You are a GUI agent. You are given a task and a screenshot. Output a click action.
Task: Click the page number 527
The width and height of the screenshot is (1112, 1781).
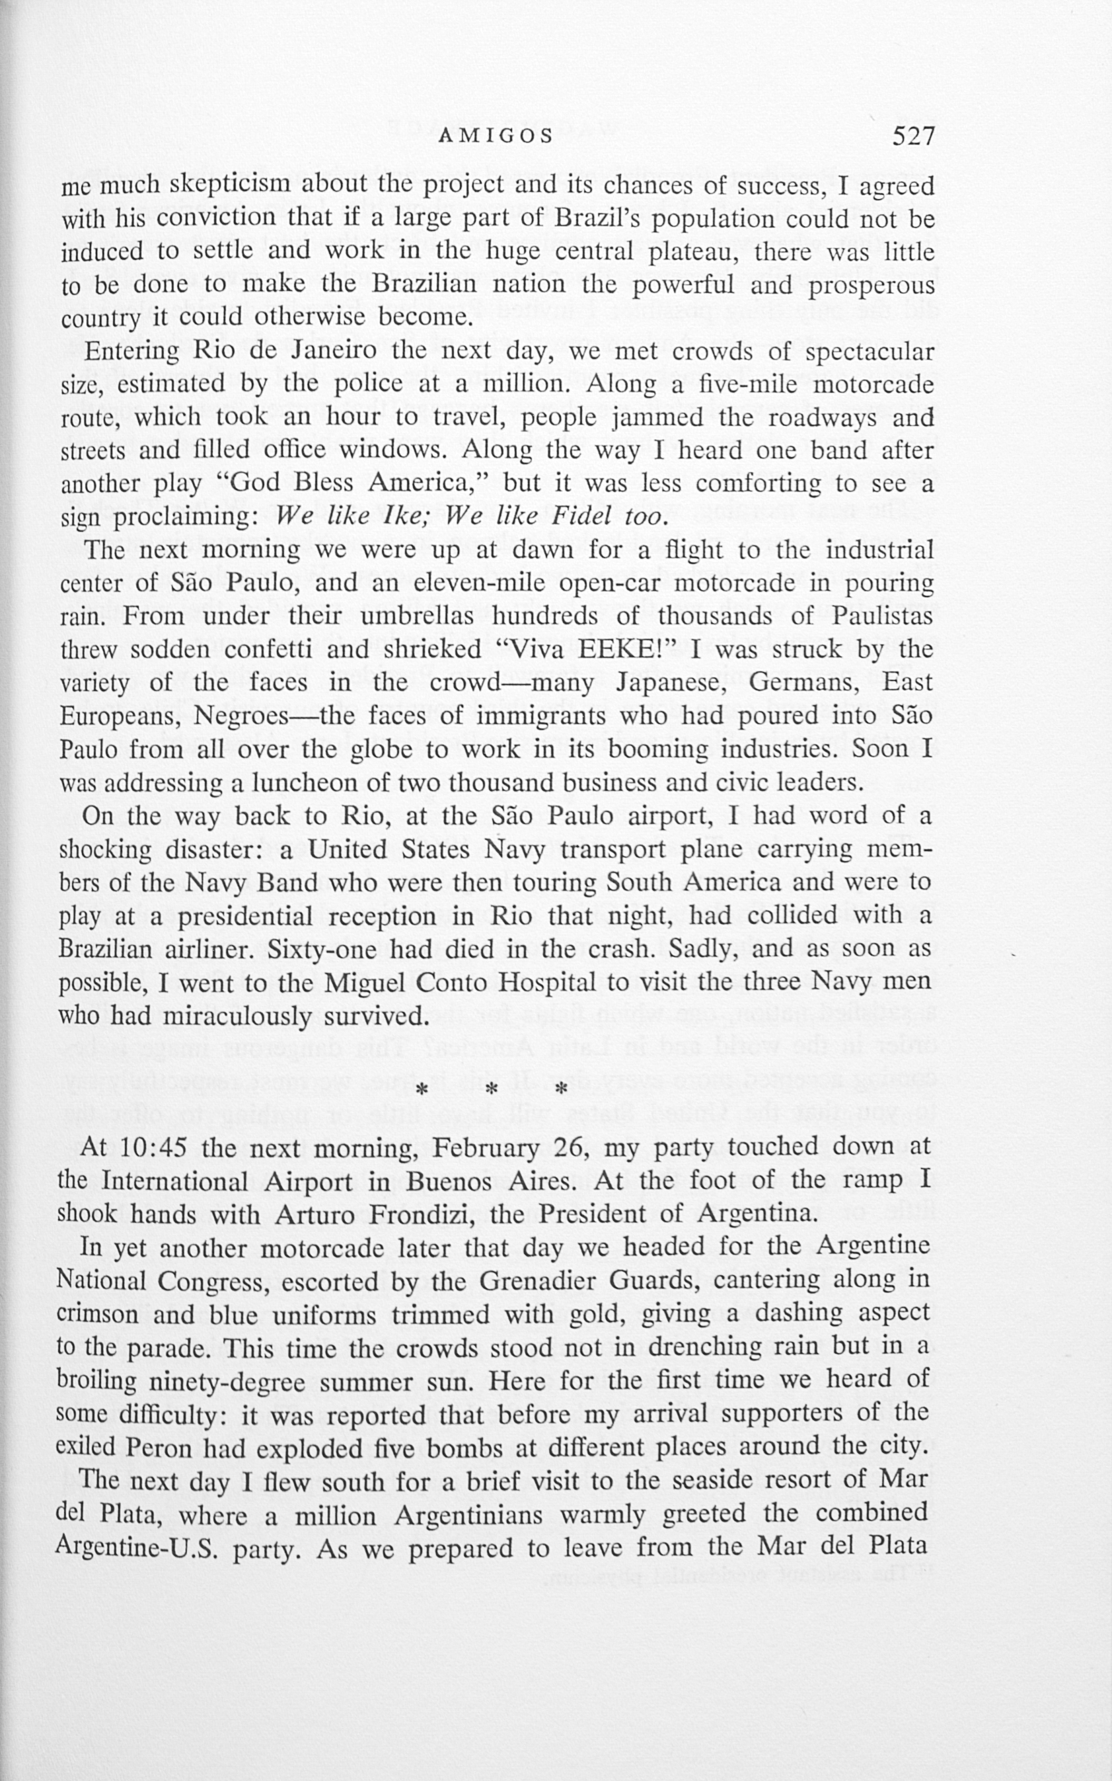912,136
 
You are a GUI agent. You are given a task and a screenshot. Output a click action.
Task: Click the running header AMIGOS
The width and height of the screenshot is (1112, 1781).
495,136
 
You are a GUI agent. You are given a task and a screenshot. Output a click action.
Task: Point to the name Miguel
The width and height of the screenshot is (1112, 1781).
369,983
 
